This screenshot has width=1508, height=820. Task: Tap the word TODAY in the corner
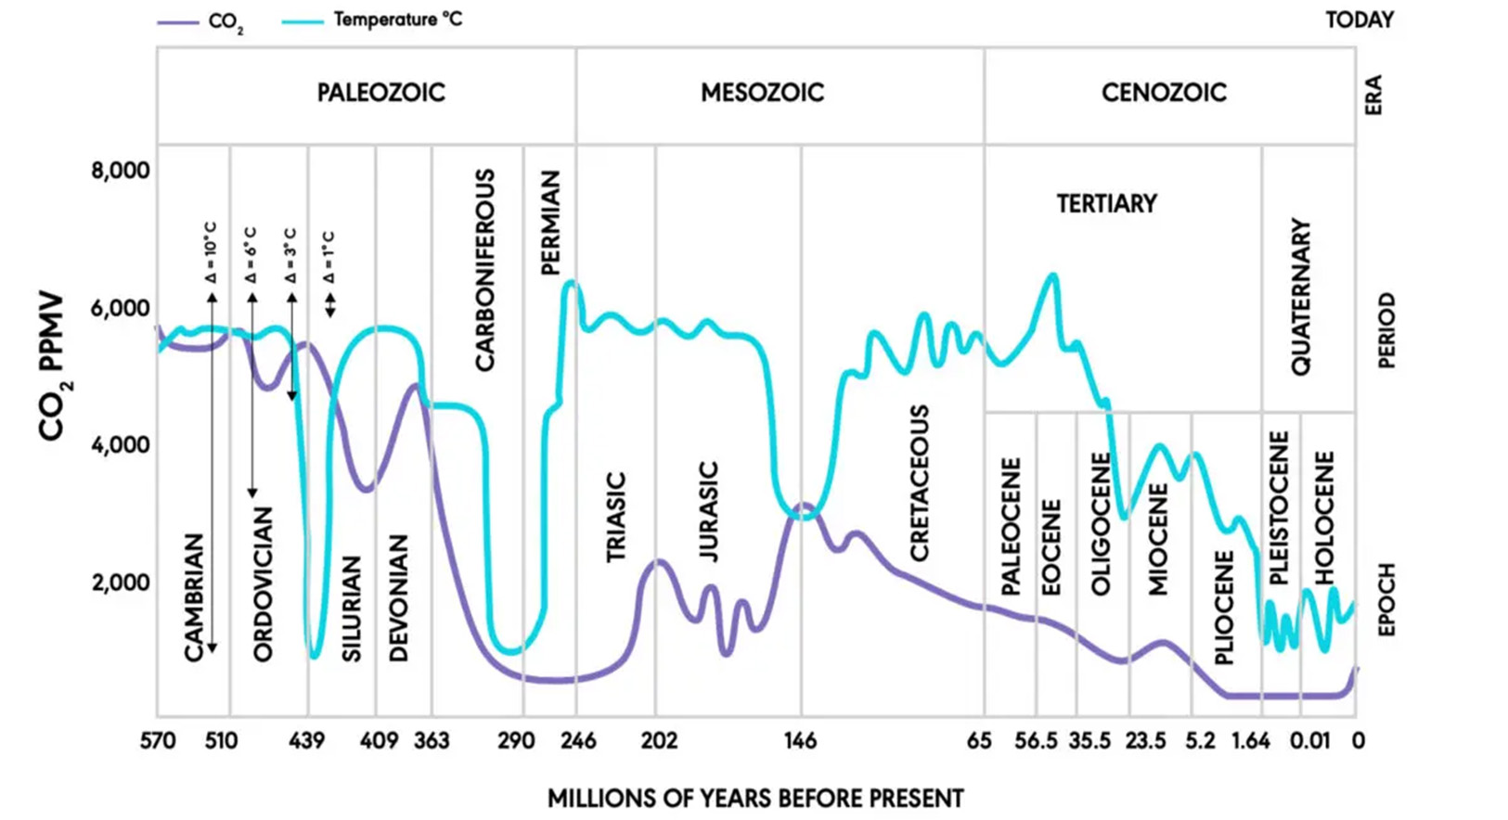coord(1359,20)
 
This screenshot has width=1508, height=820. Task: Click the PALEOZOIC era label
coord(380,93)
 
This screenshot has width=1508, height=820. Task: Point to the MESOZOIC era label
coord(762,93)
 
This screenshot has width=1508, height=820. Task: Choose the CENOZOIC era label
coord(1164,93)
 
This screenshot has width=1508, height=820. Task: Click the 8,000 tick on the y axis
coord(120,172)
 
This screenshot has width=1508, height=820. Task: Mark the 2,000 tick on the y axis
coord(120,583)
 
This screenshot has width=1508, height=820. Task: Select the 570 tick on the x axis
coord(158,741)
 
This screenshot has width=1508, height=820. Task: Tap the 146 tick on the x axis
coord(800,741)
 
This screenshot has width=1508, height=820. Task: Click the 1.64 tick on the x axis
coord(1251,741)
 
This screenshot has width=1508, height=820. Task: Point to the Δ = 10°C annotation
coord(211,252)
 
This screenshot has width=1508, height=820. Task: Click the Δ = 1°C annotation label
coord(329,257)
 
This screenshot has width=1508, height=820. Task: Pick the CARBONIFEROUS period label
coord(484,270)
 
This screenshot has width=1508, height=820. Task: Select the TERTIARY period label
coord(1106,204)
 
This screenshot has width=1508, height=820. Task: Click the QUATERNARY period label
coord(1301,297)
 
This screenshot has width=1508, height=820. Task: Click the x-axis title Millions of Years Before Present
coord(755,799)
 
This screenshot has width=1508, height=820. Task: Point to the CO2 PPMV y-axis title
coord(53,367)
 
